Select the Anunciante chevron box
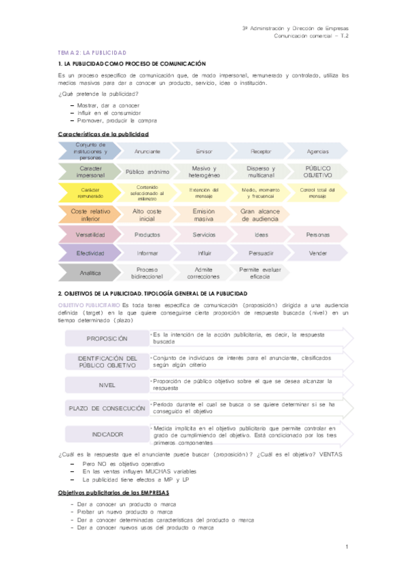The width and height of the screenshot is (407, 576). [x=147, y=151]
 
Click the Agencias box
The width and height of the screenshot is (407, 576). [x=317, y=151]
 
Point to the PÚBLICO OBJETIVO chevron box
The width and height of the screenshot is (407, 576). [x=317, y=172]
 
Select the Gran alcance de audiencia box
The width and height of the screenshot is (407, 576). [x=261, y=215]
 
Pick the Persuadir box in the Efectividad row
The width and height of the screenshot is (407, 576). [x=261, y=253]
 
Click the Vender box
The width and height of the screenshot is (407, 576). [x=317, y=253]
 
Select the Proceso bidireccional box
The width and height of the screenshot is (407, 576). [x=147, y=273]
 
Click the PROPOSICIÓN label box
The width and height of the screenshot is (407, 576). [x=107, y=338]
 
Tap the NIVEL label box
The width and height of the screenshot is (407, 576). [x=107, y=385]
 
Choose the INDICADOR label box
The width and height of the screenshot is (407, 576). [x=107, y=433]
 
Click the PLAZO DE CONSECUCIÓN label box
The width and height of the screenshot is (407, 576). [x=107, y=409]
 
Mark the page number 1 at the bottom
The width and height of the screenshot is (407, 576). [x=347, y=546]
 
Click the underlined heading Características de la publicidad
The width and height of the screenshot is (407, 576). [x=103, y=134]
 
